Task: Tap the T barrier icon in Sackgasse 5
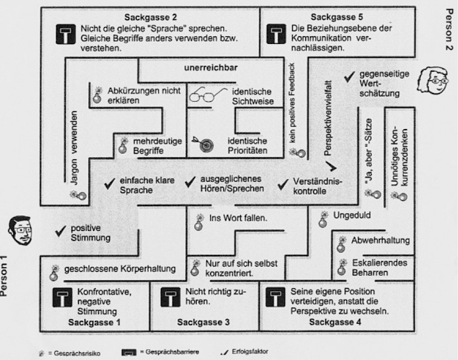(276, 36)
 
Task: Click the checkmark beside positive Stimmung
(59, 230)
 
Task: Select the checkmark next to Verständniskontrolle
(281, 184)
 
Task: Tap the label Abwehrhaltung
(380, 241)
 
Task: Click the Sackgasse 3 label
(203, 323)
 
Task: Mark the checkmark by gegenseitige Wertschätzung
(348, 77)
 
